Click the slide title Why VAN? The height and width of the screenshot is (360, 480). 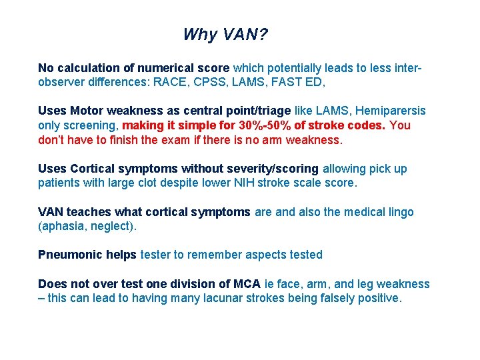click(x=225, y=35)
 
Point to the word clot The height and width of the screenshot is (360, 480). click(x=148, y=183)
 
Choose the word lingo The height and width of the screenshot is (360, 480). click(x=400, y=212)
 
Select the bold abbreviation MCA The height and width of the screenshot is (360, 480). click(x=246, y=284)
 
